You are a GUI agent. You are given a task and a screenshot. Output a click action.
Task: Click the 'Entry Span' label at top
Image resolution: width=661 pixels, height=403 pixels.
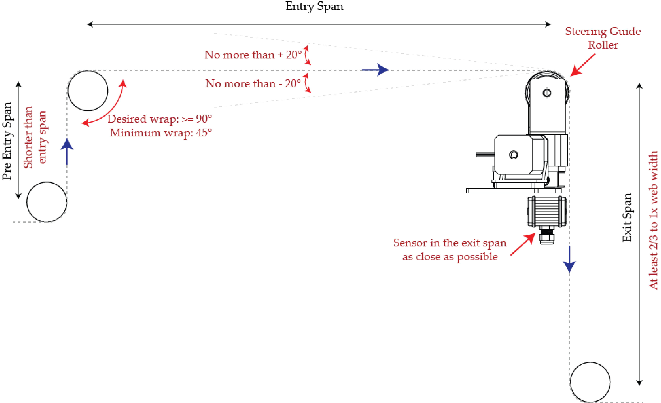(x=314, y=6)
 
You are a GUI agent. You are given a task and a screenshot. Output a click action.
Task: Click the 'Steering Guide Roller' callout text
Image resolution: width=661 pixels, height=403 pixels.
(x=603, y=38)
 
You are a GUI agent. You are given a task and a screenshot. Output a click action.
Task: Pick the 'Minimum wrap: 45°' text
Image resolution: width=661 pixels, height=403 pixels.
(x=161, y=133)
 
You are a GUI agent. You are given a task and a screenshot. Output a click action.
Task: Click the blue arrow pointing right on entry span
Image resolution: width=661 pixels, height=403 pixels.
(x=376, y=70)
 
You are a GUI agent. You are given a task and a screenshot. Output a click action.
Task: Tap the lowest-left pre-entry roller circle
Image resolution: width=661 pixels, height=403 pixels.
(x=47, y=202)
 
